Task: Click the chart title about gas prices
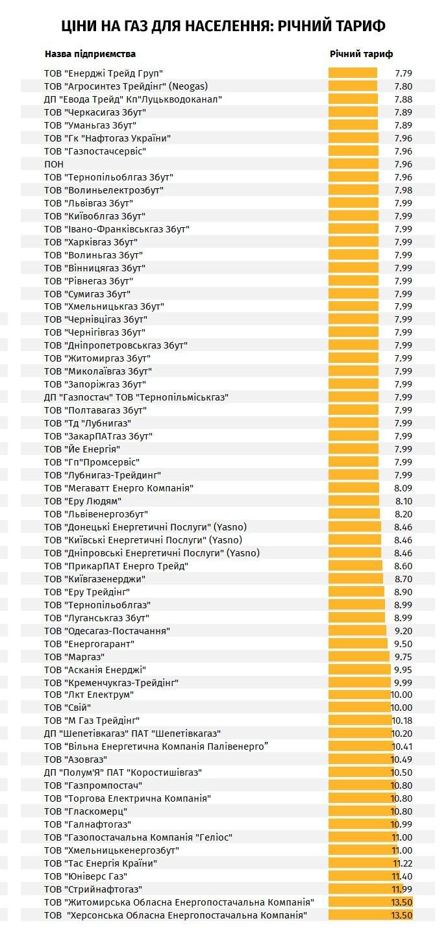click(223, 26)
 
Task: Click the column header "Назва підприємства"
click(90, 54)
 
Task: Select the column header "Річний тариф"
click(362, 54)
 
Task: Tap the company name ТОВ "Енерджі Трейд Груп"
click(103, 73)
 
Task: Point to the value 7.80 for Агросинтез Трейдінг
click(404, 86)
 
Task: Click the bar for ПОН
click(353, 164)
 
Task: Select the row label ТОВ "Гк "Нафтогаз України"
click(107, 138)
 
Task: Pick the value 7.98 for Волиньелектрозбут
click(404, 190)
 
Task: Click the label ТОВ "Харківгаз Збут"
click(91, 242)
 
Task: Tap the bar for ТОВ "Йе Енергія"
click(353, 449)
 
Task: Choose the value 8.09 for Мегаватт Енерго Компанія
click(404, 488)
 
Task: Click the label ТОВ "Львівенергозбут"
click(96, 514)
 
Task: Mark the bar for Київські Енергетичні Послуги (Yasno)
click(355, 540)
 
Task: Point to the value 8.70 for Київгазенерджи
click(404, 579)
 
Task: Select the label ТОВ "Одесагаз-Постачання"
click(106, 631)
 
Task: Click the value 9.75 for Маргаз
click(404, 657)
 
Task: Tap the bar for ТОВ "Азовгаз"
click(362, 759)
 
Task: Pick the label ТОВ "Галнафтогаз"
click(88, 824)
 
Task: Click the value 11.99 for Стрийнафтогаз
click(403, 889)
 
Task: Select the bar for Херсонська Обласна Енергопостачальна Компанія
click(371, 915)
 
